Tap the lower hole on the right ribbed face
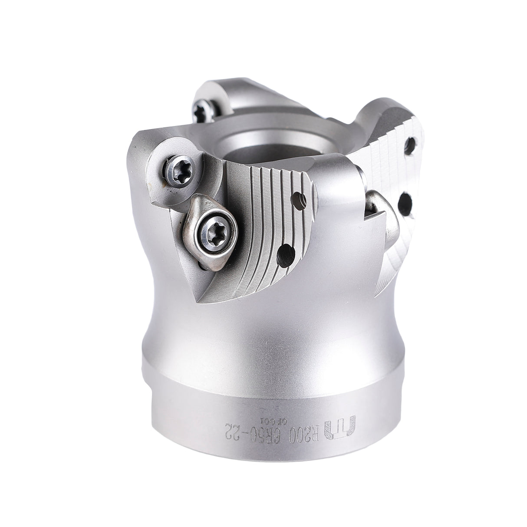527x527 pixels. [x=407, y=201]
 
